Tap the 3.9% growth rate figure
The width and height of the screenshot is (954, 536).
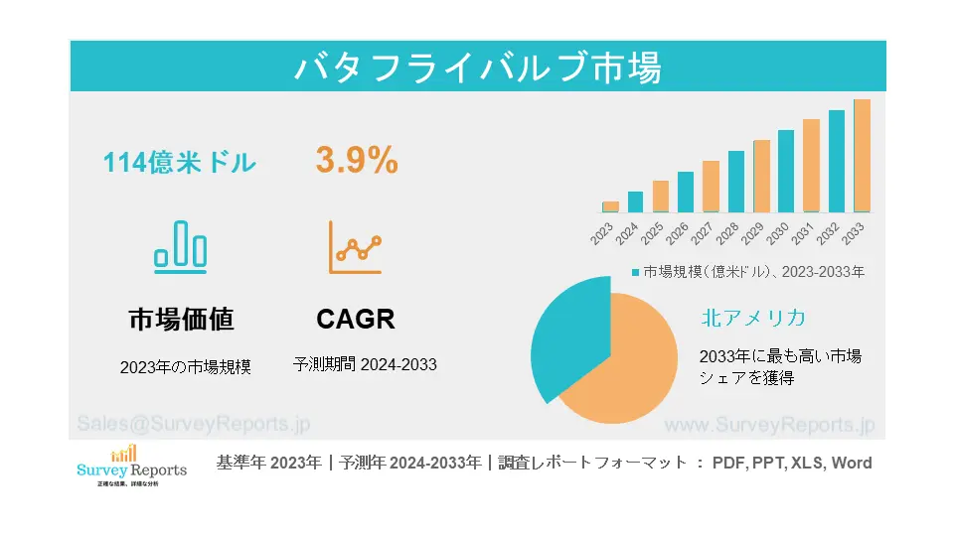coord(357,160)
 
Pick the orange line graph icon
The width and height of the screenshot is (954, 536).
coord(355,247)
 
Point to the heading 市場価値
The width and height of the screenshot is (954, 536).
coord(181,319)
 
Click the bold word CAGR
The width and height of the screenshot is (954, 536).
coord(356,319)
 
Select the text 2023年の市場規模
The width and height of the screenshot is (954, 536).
coord(186,366)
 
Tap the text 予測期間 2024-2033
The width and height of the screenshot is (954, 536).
coord(365,364)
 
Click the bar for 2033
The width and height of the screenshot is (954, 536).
coord(862,156)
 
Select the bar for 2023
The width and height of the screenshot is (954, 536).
coord(610,206)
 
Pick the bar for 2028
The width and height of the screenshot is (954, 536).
coord(735,182)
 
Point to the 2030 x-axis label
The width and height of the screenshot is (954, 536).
coord(778,234)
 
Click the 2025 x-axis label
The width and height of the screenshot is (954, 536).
coord(652,234)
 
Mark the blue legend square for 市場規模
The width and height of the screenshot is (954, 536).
coord(636,271)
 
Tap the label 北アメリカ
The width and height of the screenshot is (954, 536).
coord(752,318)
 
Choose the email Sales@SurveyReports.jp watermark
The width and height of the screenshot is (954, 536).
coord(193,424)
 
